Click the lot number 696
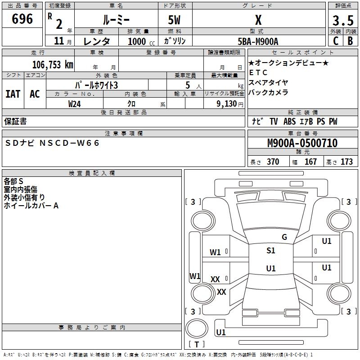(x=22, y=19)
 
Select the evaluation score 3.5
(x=342, y=21)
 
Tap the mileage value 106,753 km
(x=52, y=64)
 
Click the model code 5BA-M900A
(x=258, y=41)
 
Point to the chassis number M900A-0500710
(x=302, y=143)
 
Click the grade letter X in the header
(x=258, y=20)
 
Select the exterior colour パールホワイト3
(x=96, y=85)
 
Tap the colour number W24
(x=74, y=103)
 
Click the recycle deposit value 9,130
(x=227, y=103)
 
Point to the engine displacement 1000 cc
(x=137, y=41)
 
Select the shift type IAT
(x=13, y=94)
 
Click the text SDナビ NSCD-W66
(x=53, y=143)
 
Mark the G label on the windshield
(x=284, y=237)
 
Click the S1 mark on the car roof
(x=270, y=251)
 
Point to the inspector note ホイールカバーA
(x=31, y=206)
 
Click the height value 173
(x=346, y=162)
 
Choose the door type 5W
(x=175, y=20)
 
